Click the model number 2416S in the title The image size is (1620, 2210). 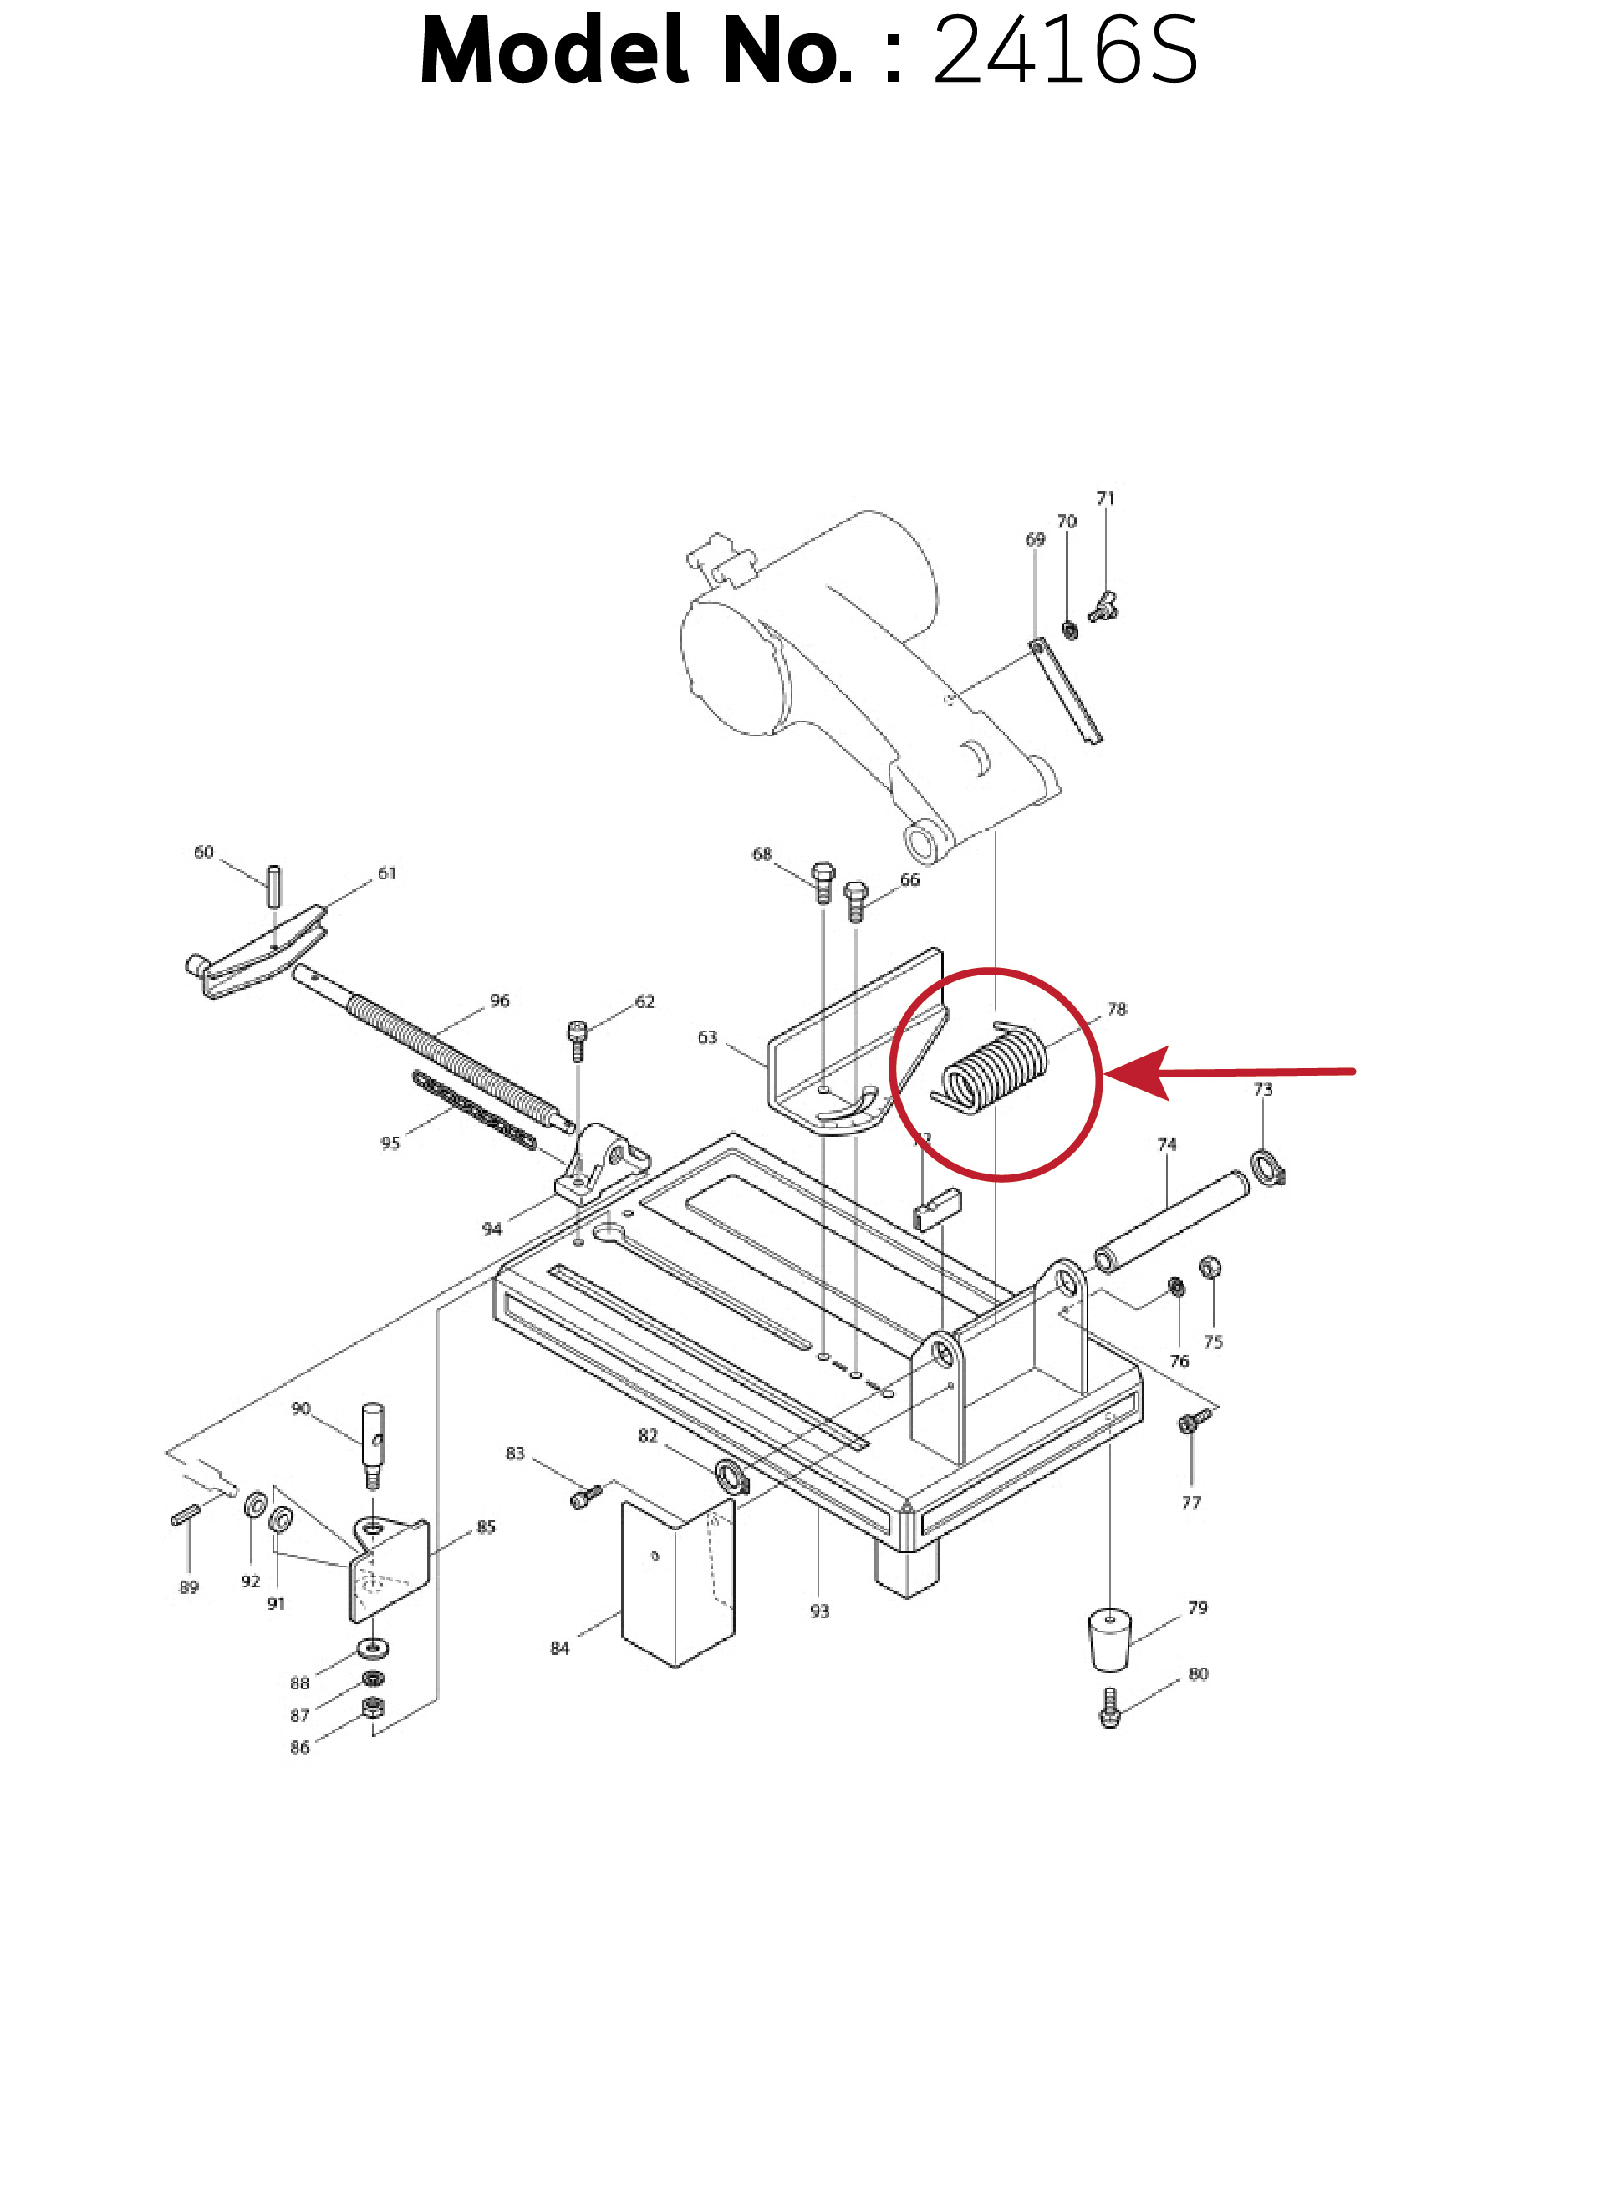[x=1064, y=51]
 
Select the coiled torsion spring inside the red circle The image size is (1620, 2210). [x=993, y=1067]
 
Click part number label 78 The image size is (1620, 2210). [x=1116, y=1009]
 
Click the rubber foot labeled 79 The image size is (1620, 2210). [x=1109, y=1639]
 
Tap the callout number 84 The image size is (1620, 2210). [x=559, y=1649]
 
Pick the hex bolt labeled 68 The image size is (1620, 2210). [x=823, y=882]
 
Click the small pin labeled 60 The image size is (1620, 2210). [x=274, y=886]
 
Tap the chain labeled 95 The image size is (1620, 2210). [x=475, y=1111]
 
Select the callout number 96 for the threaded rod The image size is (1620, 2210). [x=499, y=1000]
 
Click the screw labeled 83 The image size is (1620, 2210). [x=585, y=1496]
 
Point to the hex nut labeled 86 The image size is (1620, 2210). [x=373, y=1709]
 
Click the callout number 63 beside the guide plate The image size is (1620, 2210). [x=707, y=1037]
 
